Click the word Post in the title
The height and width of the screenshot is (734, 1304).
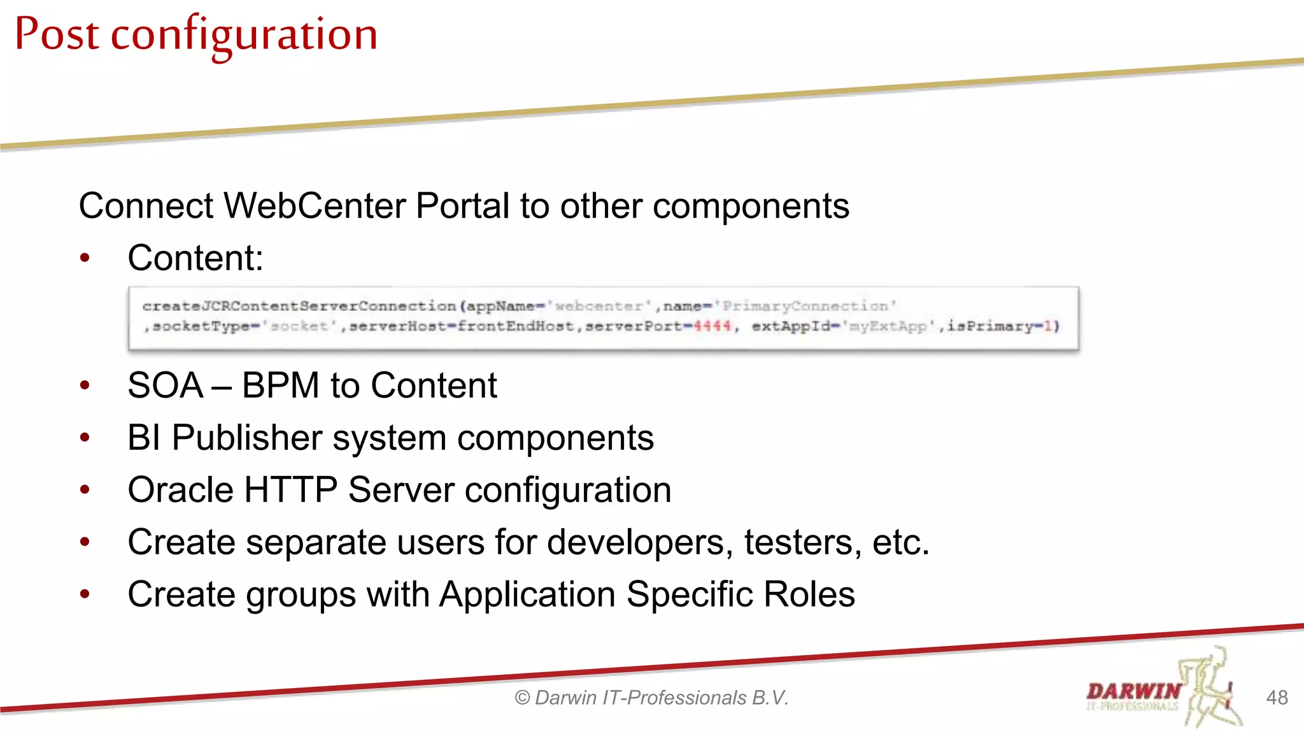click(57, 34)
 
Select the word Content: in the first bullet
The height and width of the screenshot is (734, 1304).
click(195, 259)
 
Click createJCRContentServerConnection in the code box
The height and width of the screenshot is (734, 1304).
click(299, 306)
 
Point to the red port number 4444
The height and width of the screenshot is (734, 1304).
click(712, 326)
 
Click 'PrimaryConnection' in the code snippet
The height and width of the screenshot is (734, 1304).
click(805, 306)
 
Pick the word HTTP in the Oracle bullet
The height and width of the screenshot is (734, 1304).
click(290, 491)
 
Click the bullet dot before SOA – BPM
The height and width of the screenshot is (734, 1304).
click(85, 385)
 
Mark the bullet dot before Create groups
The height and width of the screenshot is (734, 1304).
click(85, 594)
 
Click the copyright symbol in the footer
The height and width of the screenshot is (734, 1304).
click(522, 698)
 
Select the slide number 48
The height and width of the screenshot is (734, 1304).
click(1277, 698)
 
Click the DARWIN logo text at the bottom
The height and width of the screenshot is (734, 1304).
click(1133, 691)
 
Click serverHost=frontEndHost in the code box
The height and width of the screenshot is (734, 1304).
click(462, 326)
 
